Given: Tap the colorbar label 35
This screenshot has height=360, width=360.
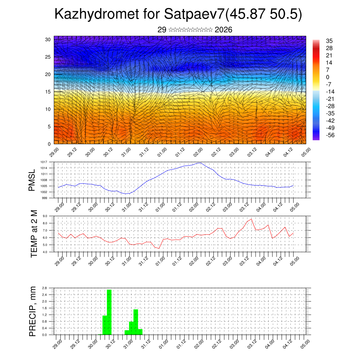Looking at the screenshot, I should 329,41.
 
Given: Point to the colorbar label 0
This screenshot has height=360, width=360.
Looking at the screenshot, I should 328,77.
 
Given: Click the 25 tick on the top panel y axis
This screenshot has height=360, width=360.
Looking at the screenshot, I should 48,57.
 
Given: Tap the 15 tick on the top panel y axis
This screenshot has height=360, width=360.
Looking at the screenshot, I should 48,92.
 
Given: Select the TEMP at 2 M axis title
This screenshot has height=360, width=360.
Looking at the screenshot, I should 34,233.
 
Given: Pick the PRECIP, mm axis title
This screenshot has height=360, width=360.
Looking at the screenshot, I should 33,311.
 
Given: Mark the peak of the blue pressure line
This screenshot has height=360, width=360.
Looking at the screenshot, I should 200,163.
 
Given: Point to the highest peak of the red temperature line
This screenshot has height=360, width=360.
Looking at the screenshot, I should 251,219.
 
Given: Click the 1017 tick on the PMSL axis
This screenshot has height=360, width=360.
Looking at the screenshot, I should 44,162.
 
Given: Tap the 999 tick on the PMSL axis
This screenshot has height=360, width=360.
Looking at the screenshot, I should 45,198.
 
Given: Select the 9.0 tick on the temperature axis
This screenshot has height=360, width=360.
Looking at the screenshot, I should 45,216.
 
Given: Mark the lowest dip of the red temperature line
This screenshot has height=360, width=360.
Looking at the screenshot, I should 159,248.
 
